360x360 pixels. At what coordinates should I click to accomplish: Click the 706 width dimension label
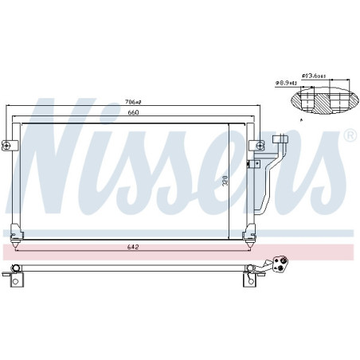click(x=132, y=102)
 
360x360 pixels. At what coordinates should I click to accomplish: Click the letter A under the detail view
click(x=300, y=119)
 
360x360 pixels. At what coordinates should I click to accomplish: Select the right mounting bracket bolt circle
click(x=260, y=145)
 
